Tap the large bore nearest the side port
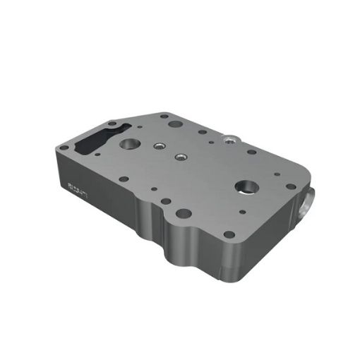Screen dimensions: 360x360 [246, 186]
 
